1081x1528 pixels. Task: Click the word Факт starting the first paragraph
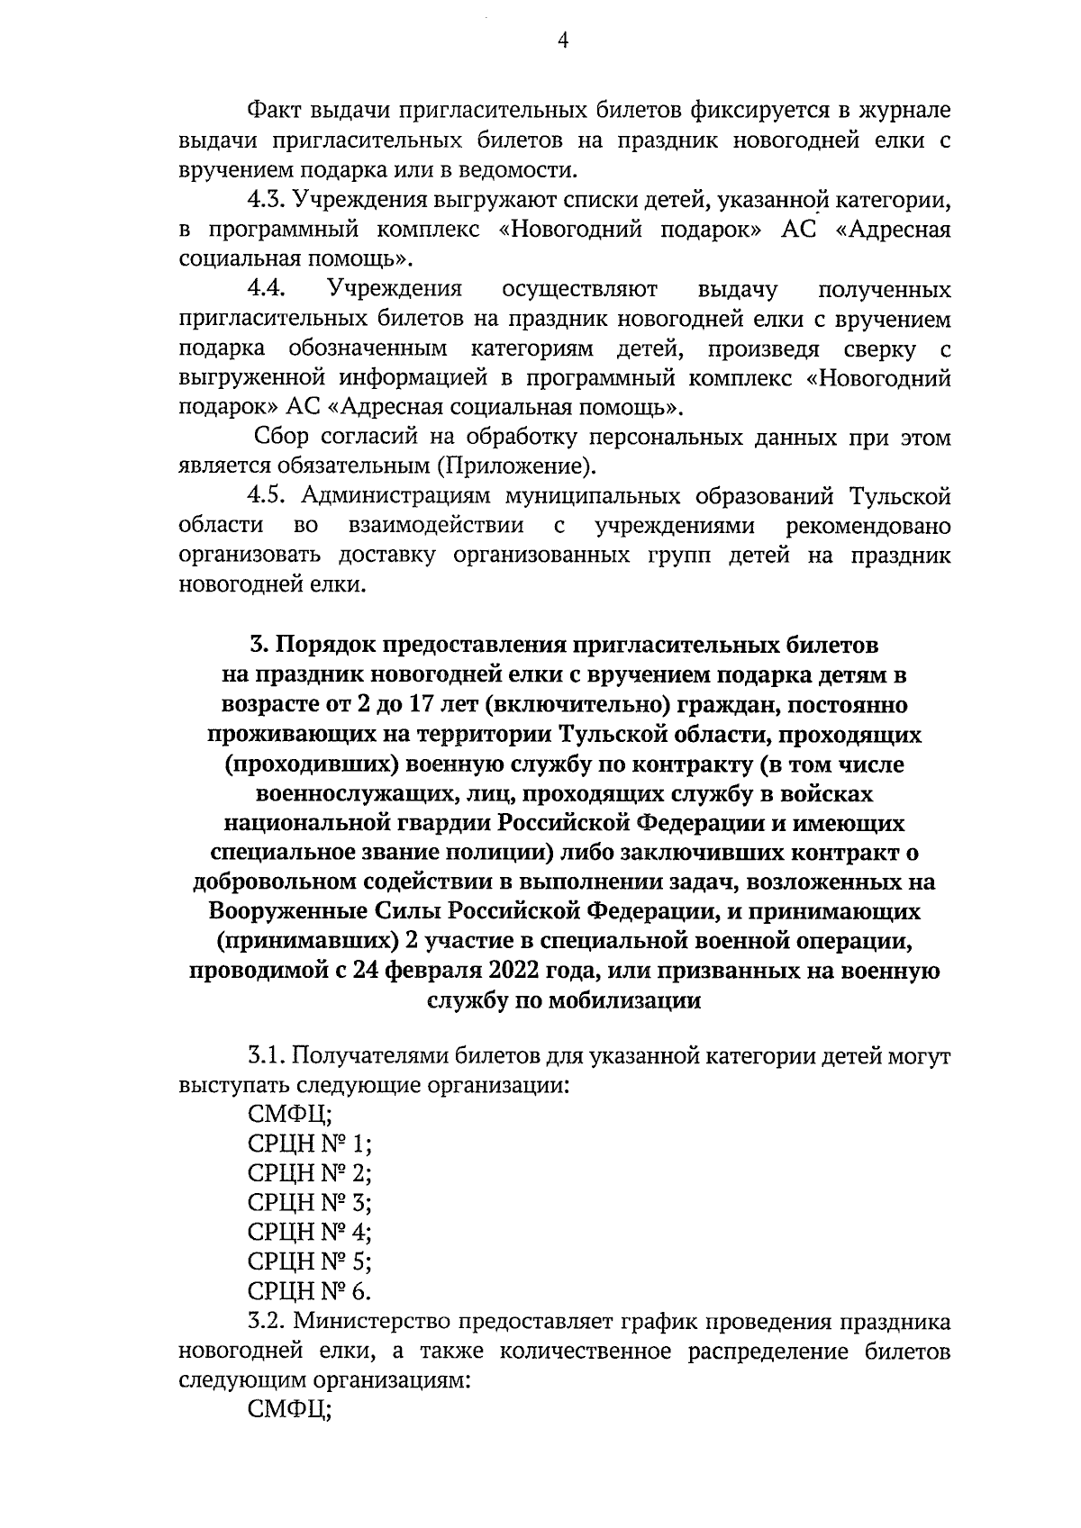tap(274, 112)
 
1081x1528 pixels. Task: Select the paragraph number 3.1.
tap(267, 1055)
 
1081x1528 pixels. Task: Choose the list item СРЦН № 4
tap(309, 1232)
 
